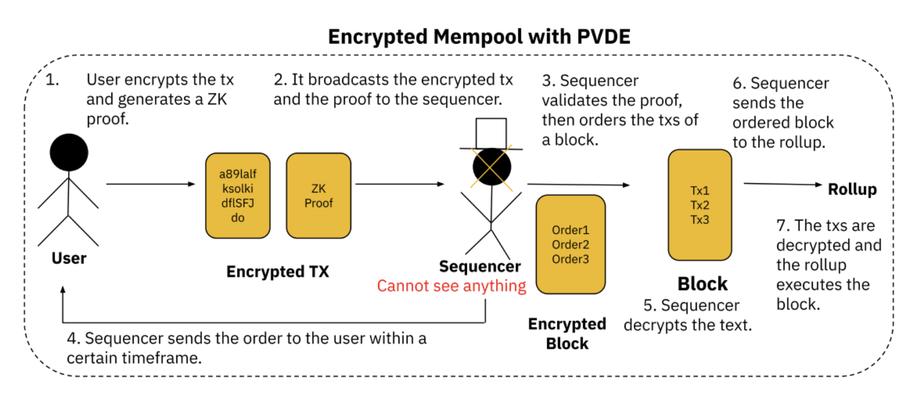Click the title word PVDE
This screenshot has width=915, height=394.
tap(603, 37)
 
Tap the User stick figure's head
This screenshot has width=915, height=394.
tap(69, 153)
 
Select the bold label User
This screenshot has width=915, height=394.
tap(69, 258)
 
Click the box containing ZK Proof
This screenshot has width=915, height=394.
tap(319, 195)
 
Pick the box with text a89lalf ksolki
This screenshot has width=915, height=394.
tap(238, 195)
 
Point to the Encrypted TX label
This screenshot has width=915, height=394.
tap(278, 272)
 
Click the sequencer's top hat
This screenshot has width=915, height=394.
tap(491, 134)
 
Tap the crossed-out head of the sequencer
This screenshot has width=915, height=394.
tap(492, 167)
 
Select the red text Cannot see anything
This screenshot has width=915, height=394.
tap(451, 286)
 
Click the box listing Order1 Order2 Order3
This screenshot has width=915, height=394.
tap(571, 245)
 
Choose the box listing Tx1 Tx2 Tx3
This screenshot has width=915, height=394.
tap(700, 205)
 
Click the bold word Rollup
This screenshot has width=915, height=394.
tap(852, 190)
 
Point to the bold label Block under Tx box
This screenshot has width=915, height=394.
tap(703, 284)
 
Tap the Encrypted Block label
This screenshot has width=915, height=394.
tap(567, 334)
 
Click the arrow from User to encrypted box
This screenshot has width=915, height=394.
tap(150, 184)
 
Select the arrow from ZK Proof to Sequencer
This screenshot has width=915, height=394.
tap(400, 184)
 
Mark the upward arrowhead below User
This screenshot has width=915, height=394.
tap(63, 290)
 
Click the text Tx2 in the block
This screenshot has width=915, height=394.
tap(700, 205)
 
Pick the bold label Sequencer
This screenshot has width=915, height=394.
tap(480, 266)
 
